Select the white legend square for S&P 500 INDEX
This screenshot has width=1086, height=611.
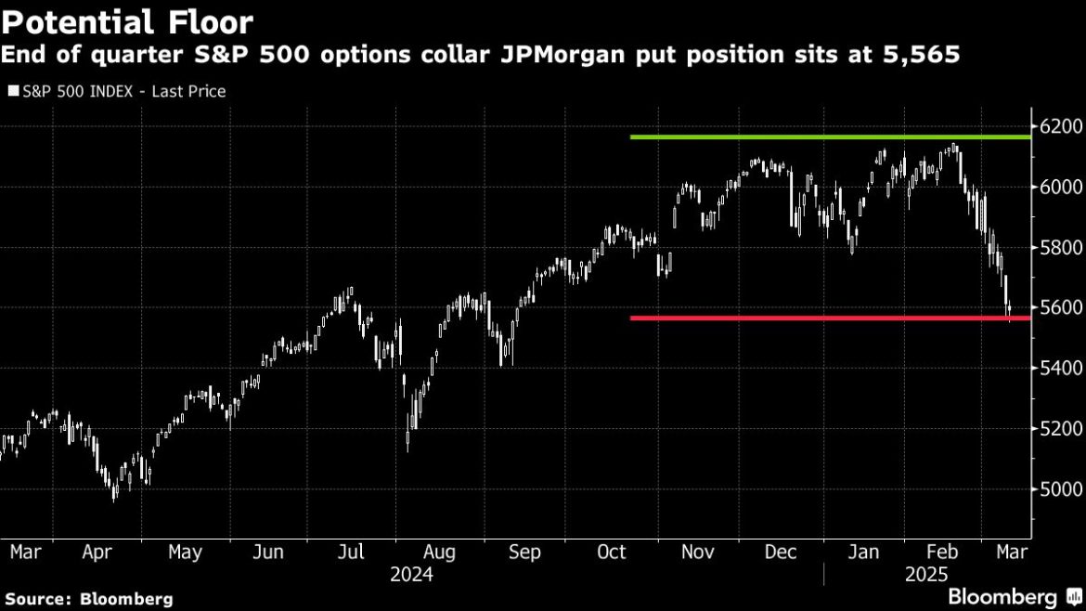tap(12, 91)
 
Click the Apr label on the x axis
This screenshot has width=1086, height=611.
tap(97, 552)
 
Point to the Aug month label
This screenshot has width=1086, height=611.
tap(438, 552)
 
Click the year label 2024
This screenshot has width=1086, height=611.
tap(411, 576)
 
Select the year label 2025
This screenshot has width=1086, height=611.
tap(926, 576)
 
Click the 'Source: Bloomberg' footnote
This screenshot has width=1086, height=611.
tap(88, 600)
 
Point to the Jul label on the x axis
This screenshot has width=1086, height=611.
tap(350, 552)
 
